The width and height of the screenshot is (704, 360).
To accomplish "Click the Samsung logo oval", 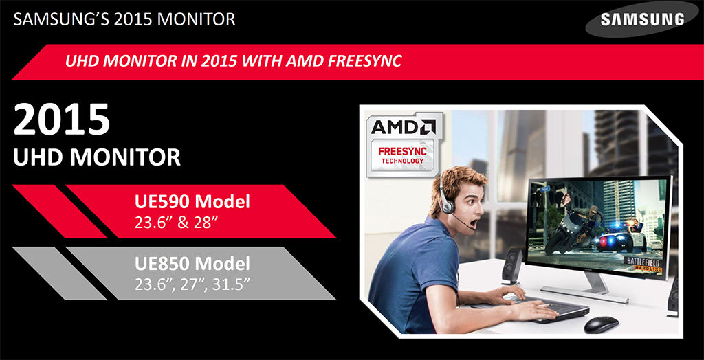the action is click(x=641, y=19).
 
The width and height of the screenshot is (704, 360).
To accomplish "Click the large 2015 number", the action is click(x=61, y=120).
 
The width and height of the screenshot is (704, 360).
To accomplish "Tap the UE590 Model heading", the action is click(x=192, y=202).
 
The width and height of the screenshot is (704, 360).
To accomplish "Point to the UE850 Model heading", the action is click(x=192, y=264).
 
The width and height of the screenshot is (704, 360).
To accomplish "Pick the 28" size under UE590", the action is click(x=206, y=222).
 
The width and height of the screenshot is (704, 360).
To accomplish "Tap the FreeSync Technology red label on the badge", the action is click(x=402, y=155).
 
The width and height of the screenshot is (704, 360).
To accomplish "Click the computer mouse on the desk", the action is click(x=601, y=324).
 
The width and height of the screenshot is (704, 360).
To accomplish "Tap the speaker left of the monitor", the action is click(x=512, y=266).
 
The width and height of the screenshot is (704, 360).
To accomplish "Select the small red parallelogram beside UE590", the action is click(x=59, y=211).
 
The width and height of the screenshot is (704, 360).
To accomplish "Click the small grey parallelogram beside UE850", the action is click(x=59, y=273).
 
